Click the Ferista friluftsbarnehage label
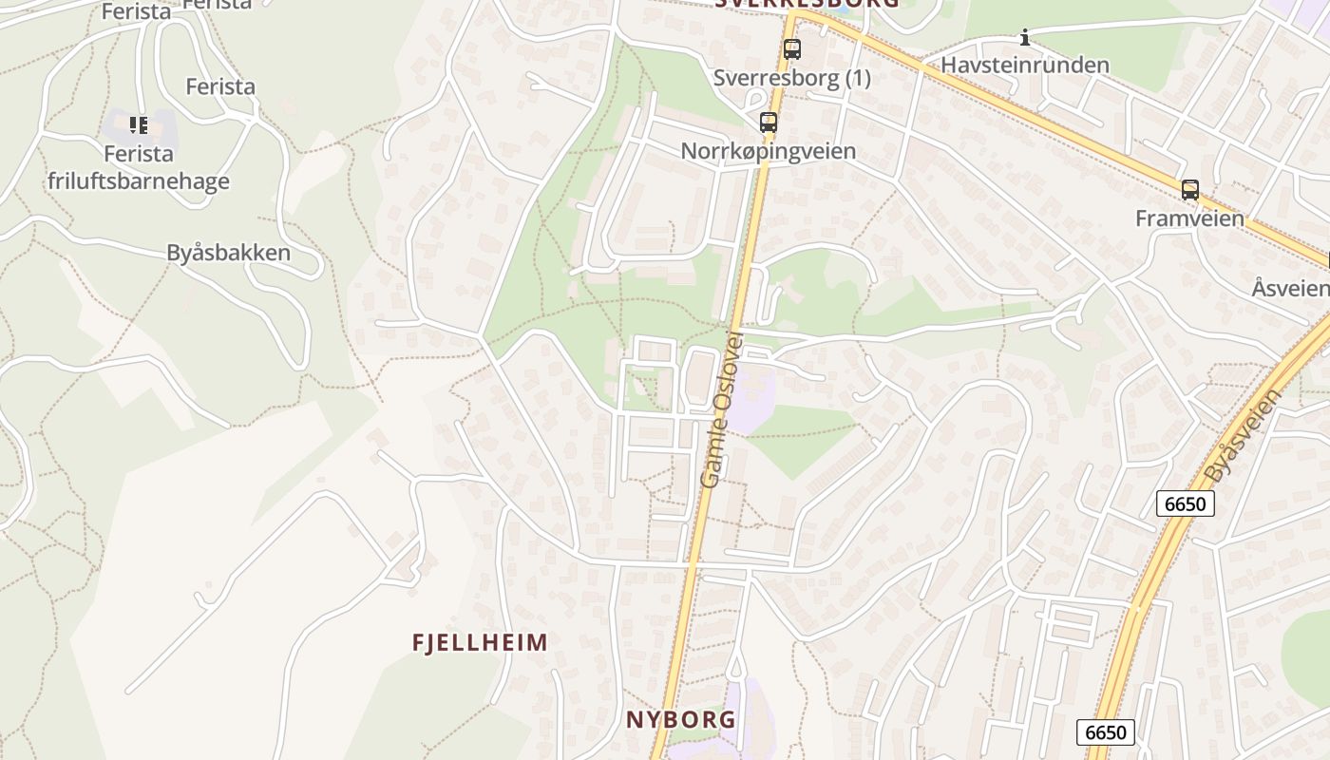click(x=139, y=167)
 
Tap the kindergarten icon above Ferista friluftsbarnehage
click(x=139, y=124)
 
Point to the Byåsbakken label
click(x=228, y=253)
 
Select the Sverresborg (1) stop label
click(x=791, y=78)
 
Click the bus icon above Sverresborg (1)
click(x=791, y=49)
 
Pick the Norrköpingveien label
click(x=768, y=151)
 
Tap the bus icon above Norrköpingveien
click(x=768, y=123)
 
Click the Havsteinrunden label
click(x=1024, y=66)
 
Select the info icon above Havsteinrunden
click(x=1024, y=38)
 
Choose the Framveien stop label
click(x=1189, y=218)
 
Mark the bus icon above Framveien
click(x=1189, y=190)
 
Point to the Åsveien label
click(x=1290, y=288)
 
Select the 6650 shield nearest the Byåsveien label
click(x=1185, y=503)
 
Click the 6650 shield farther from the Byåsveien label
click(x=1105, y=731)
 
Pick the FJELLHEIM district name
click(x=480, y=642)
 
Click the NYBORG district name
click(x=680, y=719)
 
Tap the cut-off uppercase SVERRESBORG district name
click(x=806, y=4)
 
